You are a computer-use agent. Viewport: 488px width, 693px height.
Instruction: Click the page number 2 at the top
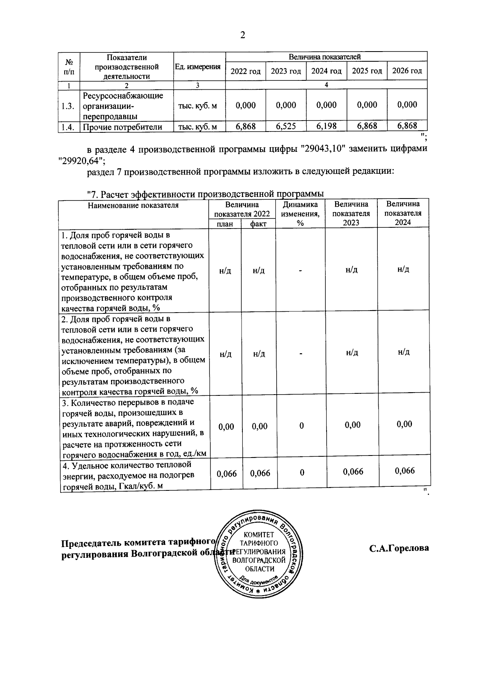(243, 35)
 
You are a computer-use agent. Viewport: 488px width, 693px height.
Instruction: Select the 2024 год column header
(326, 71)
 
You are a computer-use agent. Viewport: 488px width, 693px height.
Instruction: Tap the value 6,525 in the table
(286, 126)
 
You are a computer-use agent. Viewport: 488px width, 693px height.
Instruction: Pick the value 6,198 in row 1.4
(327, 126)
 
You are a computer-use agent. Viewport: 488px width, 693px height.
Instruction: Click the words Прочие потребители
(122, 127)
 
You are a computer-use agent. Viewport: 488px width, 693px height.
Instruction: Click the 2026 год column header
(407, 71)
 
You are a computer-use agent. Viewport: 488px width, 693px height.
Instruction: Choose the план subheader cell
(225, 224)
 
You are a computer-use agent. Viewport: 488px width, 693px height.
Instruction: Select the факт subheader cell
(258, 224)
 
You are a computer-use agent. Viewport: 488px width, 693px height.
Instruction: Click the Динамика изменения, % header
(300, 214)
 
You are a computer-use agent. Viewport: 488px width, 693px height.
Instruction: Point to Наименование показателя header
(133, 205)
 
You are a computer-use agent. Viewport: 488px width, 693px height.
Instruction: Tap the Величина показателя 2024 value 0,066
(405, 471)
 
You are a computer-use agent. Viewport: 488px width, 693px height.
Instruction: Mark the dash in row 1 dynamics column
(301, 270)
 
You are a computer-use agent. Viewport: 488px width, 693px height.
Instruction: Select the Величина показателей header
(324, 57)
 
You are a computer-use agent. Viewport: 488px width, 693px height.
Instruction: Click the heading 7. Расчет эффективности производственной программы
(205, 194)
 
